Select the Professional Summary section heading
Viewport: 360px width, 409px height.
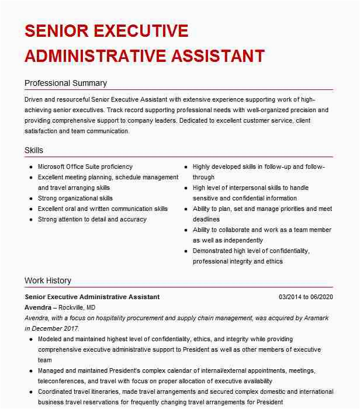(x=65, y=83)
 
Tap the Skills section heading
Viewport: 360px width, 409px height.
(x=34, y=150)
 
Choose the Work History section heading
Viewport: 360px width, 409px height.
(x=48, y=280)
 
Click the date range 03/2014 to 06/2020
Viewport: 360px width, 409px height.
(x=306, y=297)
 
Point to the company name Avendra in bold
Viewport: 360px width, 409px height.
(x=38, y=307)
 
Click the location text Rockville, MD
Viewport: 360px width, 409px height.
(x=77, y=307)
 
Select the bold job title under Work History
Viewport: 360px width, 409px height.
(x=92, y=297)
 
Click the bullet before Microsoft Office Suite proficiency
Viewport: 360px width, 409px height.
(x=30, y=167)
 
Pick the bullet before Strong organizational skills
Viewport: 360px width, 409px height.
(x=30, y=199)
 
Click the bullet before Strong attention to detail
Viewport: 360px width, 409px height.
(x=30, y=220)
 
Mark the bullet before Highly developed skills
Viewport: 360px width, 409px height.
(x=185, y=167)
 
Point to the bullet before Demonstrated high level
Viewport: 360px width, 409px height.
(x=185, y=251)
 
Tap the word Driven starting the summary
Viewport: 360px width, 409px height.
(x=34, y=99)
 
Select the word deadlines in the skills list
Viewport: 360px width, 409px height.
(x=206, y=219)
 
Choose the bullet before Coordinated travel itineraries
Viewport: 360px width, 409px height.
(x=30, y=392)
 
